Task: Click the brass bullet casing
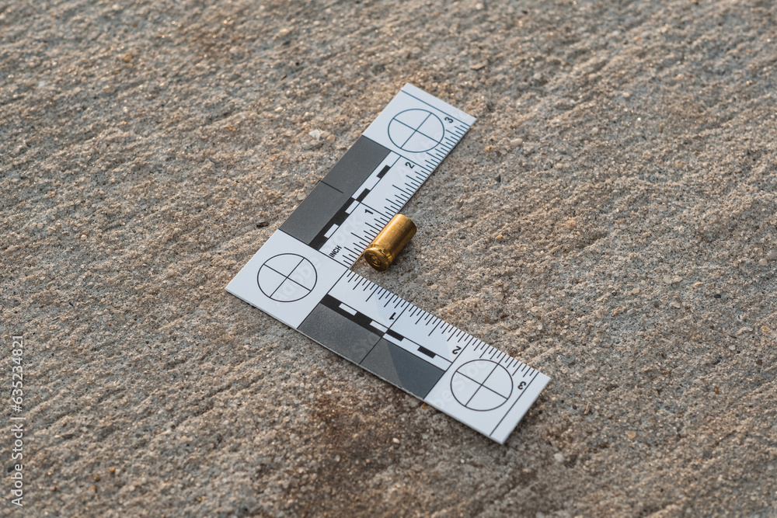coord(390,242)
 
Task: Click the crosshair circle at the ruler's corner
coord(287,277)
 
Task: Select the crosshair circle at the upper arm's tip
coord(416,130)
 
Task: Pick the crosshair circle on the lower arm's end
coord(482,384)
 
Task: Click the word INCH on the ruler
coord(335,250)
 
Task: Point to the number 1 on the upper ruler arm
coord(368,210)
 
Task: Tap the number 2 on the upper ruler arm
coord(409,165)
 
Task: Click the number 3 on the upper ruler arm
coord(448,120)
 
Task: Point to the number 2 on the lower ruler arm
coord(456,349)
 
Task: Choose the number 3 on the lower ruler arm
coord(521,384)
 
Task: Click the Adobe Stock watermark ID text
coord(16,420)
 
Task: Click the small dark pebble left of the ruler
coord(263,224)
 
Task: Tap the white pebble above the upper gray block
coord(316,134)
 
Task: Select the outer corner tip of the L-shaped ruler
coord(228,291)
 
